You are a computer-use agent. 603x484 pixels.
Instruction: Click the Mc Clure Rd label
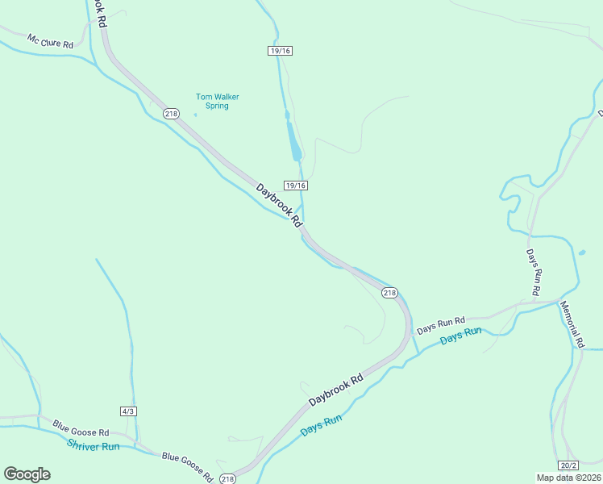50,41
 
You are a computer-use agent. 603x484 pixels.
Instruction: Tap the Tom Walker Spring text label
218,101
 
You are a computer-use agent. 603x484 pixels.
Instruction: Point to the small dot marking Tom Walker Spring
195,114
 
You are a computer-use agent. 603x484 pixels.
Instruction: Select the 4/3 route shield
128,411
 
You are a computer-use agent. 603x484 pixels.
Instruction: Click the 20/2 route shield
568,465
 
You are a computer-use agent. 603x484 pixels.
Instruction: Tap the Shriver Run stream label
93,444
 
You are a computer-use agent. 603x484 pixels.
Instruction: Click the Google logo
27,474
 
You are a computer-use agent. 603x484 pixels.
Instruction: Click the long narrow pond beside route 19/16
294,141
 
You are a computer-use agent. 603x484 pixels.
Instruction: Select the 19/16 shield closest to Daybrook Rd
296,186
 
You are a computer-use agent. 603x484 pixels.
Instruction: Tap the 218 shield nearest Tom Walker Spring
171,114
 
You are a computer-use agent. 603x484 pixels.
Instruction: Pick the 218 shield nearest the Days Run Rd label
390,293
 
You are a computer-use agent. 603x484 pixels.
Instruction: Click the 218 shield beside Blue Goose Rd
228,479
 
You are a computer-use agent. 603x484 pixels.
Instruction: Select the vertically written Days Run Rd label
533,271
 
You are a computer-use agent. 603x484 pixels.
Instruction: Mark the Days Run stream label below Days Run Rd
460,336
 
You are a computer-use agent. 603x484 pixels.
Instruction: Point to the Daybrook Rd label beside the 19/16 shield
279,205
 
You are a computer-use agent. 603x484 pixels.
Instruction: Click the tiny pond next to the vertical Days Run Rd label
581,253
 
